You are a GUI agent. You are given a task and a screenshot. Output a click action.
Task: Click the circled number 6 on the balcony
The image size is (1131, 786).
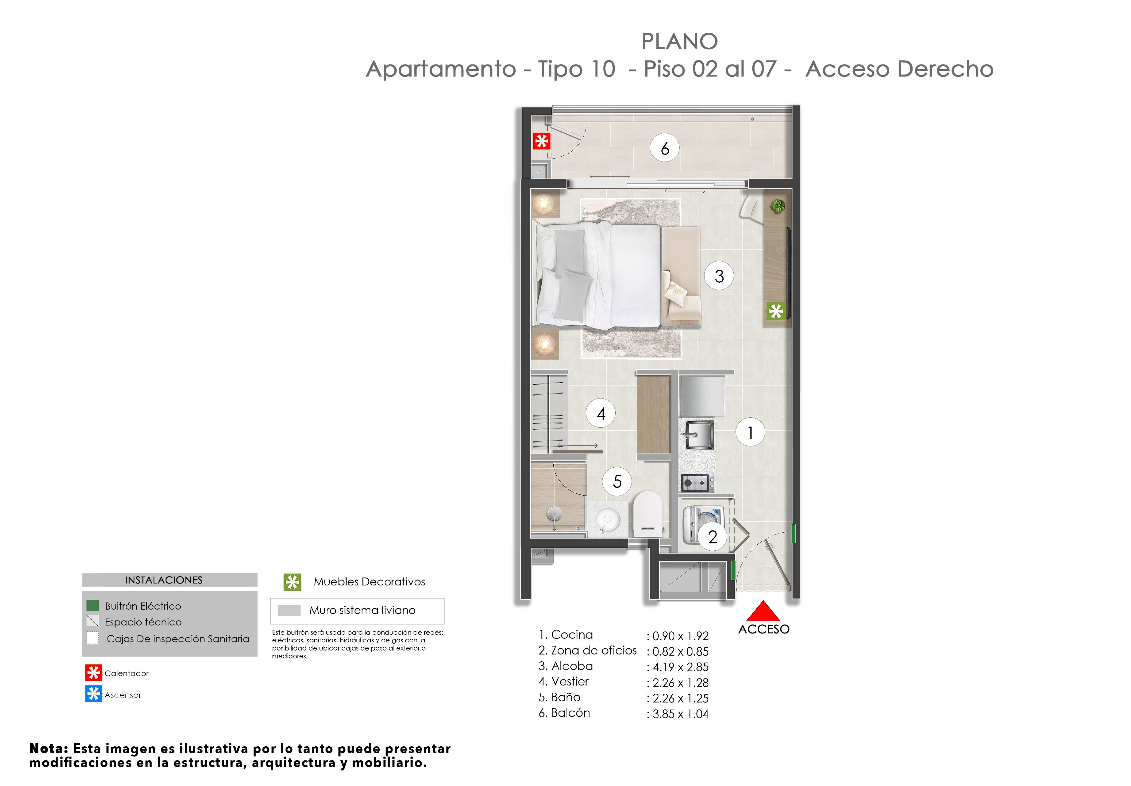click(665, 148)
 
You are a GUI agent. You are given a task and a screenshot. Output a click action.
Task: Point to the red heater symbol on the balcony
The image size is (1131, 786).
click(542, 141)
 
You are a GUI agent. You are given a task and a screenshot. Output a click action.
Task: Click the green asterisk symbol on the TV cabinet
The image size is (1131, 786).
click(776, 311)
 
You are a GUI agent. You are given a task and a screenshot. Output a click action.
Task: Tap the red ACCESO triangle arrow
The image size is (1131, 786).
click(763, 611)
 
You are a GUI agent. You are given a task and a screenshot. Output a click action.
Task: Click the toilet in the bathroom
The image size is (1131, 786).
click(647, 514)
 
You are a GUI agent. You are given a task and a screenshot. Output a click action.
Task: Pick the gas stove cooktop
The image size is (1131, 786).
click(695, 483)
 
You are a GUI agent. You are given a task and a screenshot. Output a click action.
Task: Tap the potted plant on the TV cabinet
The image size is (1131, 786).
click(778, 206)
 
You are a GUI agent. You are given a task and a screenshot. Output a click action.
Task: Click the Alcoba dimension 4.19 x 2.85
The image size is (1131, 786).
click(680, 667)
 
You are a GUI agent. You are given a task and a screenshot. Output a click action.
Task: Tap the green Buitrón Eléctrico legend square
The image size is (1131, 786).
click(93, 605)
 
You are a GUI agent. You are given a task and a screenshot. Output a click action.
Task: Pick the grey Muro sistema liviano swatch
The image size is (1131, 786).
click(289, 611)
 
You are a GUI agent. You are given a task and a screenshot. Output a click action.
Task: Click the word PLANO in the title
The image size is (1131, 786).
click(679, 42)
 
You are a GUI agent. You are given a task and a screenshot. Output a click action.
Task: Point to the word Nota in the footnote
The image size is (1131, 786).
click(48, 749)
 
